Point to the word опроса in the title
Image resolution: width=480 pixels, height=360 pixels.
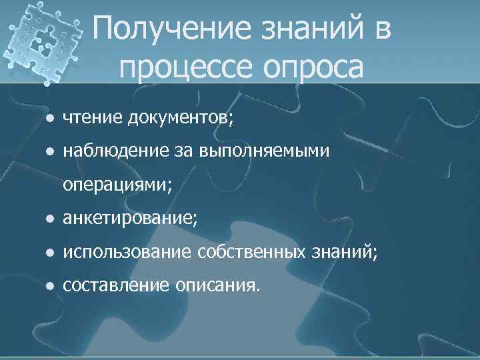(314, 67)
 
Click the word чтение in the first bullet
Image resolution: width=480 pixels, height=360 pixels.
(91, 118)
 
